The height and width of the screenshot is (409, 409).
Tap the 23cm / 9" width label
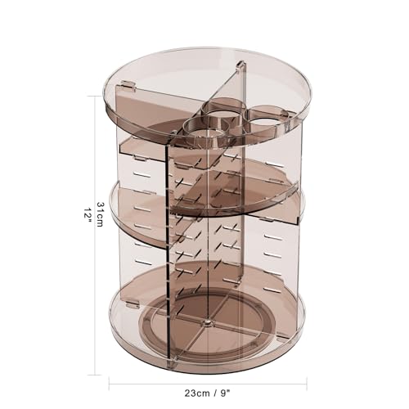coord(208,392)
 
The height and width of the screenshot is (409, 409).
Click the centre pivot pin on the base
coord(207,322)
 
